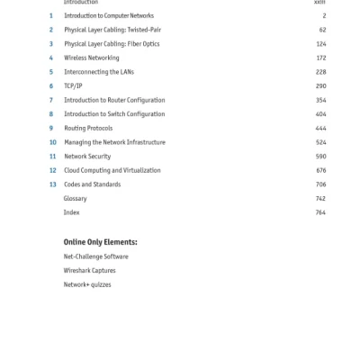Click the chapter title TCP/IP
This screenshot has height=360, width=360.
pyautogui.click(x=73, y=86)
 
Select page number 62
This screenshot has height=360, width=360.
pyautogui.click(x=322, y=30)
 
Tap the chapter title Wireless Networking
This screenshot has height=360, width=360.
pyautogui.click(x=91, y=58)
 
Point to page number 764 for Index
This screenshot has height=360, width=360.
pyautogui.click(x=320, y=212)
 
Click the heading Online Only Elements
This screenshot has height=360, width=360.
pyautogui.click(x=100, y=242)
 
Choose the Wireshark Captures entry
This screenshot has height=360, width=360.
pyautogui.click(x=89, y=270)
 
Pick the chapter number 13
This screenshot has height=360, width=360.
pyautogui.click(x=52, y=184)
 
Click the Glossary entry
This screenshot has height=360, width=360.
pyautogui.click(x=75, y=198)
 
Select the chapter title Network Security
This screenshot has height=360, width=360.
pyautogui.click(x=87, y=157)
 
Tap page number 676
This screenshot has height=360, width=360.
pyautogui.click(x=320, y=170)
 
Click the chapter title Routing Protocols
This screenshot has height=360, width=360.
pyautogui.click(x=88, y=129)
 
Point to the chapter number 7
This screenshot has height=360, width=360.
pyautogui.click(x=50, y=100)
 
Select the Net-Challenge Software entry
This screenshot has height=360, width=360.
pyautogui.click(x=95, y=256)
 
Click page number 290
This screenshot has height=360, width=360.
pyautogui.click(x=320, y=86)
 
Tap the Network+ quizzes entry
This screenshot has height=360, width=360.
pyautogui.click(x=87, y=284)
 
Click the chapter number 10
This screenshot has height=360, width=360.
pyautogui.click(x=52, y=142)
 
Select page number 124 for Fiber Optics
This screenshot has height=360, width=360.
pyautogui.click(x=320, y=44)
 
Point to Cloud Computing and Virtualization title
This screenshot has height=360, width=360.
pyautogui.click(x=112, y=170)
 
